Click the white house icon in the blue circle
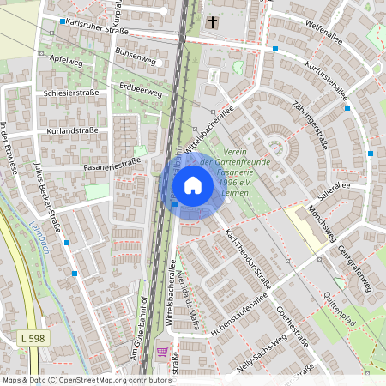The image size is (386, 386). click(193, 185)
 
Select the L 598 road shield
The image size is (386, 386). click(33, 340)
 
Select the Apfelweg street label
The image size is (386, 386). click(66, 61)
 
